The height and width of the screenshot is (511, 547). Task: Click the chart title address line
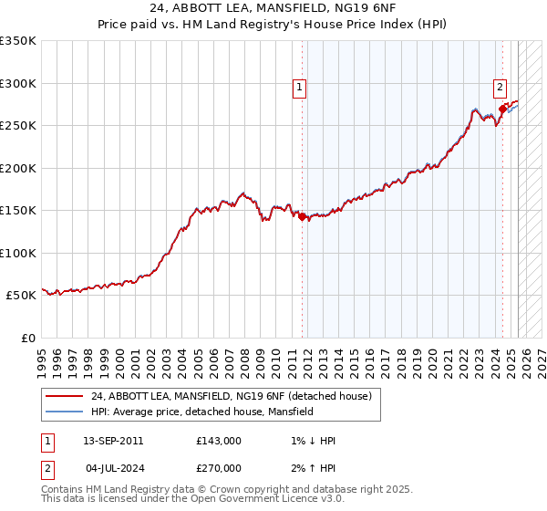(x=273, y=7)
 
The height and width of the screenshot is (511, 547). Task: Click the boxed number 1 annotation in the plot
(x=299, y=88)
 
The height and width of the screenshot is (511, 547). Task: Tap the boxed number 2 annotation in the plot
(x=501, y=88)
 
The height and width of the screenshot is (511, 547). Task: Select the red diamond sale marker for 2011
(x=303, y=216)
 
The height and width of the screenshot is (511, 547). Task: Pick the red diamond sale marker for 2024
(x=502, y=109)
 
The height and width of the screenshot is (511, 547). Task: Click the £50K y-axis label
(x=20, y=296)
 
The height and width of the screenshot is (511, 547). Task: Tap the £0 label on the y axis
(x=27, y=338)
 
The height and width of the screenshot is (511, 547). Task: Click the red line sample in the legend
(x=65, y=397)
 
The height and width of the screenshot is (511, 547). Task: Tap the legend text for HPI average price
(x=201, y=412)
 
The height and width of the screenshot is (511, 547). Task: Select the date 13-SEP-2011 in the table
(x=113, y=441)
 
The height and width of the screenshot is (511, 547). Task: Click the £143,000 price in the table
(x=219, y=441)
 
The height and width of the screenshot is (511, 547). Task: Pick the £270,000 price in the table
(x=219, y=468)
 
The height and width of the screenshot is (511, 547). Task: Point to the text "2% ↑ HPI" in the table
(x=309, y=468)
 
